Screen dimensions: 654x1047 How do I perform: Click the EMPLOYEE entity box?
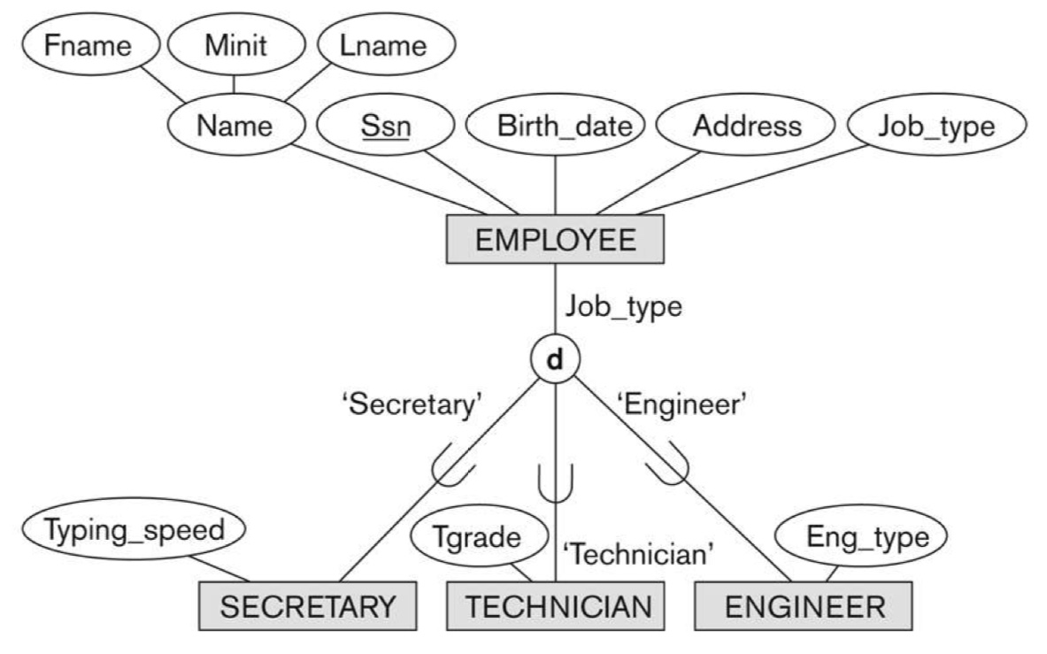pyautogui.click(x=554, y=240)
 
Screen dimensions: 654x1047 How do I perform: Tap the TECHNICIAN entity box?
pyautogui.click(x=557, y=606)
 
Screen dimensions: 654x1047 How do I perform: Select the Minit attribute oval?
pyautogui.click(x=234, y=45)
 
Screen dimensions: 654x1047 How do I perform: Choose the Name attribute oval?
pyautogui.click(x=235, y=127)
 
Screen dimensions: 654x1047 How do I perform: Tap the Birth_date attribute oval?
pyautogui.click(x=555, y=127)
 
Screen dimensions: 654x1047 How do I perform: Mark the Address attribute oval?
pyautogui.click(x=746, y=127)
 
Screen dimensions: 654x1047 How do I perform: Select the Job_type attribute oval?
pyautogui.click(x=935, y=127)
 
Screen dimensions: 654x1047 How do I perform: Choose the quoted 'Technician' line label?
pyautogui.click(x=638, y=555)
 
